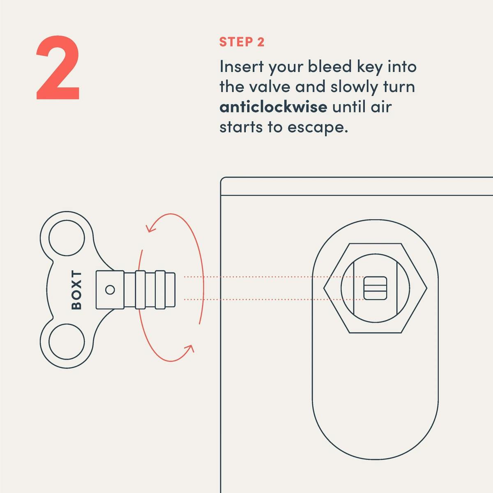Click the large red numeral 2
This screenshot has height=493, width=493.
coord(58,67)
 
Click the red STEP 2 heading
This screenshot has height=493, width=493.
coord(242,42)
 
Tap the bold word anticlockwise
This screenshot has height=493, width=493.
coord(273,107)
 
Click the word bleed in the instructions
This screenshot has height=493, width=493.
coord(329,67)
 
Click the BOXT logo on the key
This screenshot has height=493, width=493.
coord(76,290)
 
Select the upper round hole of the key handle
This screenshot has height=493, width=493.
coord(67,238)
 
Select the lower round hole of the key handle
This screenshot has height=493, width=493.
coord(67,341)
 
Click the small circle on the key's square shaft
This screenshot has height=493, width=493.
coord(110,290)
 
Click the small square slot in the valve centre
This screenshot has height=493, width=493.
coord(375,288)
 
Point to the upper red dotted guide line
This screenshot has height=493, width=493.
coord(274,277)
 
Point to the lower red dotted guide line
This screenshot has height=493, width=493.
coord(274,299)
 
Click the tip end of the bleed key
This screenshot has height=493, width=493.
coord(175,290)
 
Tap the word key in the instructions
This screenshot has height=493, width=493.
coord(369,67)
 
